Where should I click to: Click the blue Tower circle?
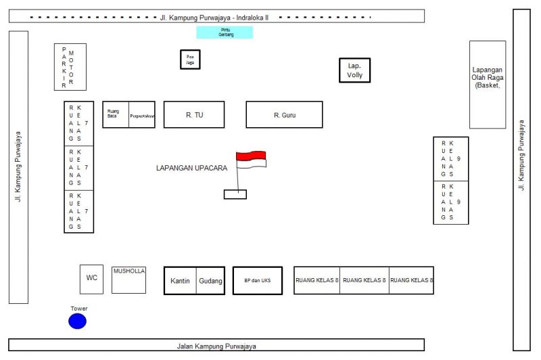(78, 321)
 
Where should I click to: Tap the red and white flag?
(251, 159)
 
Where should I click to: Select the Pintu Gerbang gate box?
(225, 32)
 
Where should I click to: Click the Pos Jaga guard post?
(190, 60)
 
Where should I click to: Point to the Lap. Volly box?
(355, 70)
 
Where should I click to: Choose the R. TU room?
(194, 115)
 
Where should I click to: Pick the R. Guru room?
(284, 115)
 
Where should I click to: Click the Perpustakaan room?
(143, 115)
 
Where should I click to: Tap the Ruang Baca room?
(115, 115)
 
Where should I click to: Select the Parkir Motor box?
(70, 67)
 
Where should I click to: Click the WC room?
(91, 279)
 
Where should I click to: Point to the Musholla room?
(128, 279)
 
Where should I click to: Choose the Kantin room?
(180, 281)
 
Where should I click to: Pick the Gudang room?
(210, 281)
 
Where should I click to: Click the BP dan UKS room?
(257, 281)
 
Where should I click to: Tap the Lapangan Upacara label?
(192, 167)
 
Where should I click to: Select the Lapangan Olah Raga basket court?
(488, 85)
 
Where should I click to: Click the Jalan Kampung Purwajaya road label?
(216, 346)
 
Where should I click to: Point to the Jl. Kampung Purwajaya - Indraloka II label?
(214, 16)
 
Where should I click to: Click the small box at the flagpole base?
(235, 195)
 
